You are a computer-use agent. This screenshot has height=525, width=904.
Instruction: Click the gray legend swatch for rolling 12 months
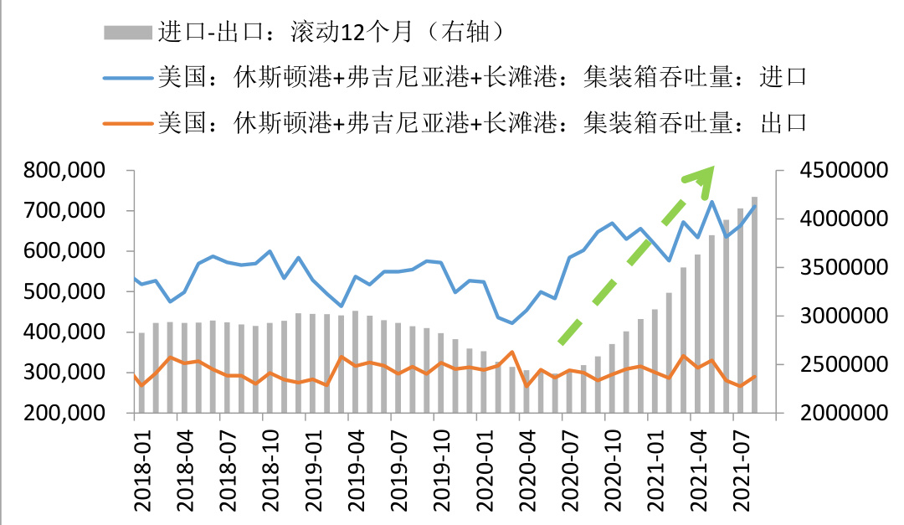tap(127, 33)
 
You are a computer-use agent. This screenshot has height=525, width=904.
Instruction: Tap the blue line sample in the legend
tap(127, 78)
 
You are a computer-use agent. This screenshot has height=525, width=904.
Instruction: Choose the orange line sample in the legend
tap(127, 124)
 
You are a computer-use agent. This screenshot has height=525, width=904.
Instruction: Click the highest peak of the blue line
tap(711, 202)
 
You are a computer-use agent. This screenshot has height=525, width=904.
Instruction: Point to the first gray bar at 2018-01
tap(141, 373)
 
